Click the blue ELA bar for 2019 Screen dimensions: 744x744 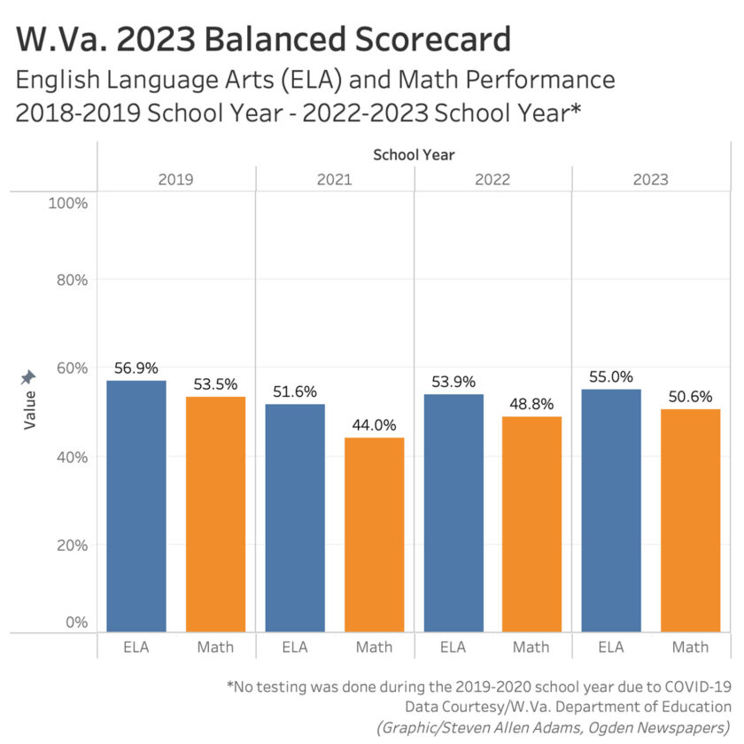(x=136, y=505)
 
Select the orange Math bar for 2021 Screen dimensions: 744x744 (x=374, y=534)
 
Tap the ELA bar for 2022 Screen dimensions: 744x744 (x=453, y=512)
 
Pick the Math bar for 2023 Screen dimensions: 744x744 (x=690, y=520)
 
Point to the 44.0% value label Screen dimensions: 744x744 (x=374, y=425)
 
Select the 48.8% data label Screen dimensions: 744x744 (x=532, y=404)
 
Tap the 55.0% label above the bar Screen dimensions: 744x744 (x=611, y=376)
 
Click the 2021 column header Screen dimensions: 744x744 (x=335, y=179)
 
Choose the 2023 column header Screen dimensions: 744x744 (x=650, y=179)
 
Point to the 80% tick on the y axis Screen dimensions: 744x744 (x=66, y=280)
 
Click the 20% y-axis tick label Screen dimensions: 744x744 (x=66, y=546)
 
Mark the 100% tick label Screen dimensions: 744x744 (x=64, y=204)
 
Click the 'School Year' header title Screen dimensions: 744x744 (x=414, y=154)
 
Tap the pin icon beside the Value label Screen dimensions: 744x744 (x=28, y=378)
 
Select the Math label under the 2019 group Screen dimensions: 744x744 (x=215, y=647)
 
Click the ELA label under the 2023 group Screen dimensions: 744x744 (x=611, y=647)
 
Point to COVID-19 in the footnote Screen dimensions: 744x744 (x=694, y=686)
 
